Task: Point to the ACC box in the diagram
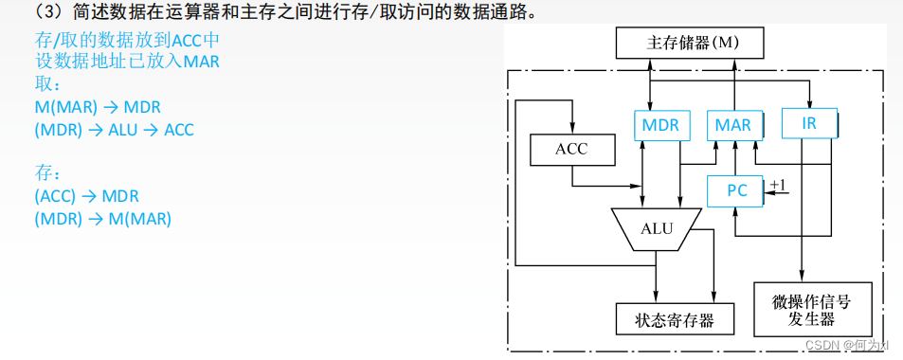click(x=571, y=149)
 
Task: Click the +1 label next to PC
click(x=778, y=184)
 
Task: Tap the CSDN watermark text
click(x=820, y=346)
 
